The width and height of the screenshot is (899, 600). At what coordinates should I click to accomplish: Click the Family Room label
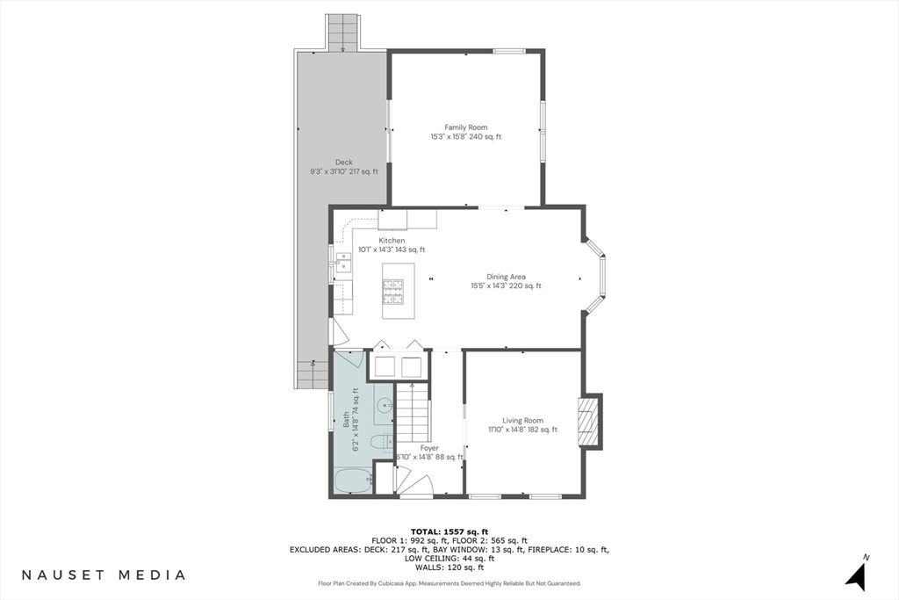[465, 132]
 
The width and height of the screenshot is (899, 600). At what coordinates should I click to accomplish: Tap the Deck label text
[343, 166]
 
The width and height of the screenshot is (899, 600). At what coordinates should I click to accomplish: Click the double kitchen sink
[342, 263]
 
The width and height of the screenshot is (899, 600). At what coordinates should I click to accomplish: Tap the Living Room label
[522, 425]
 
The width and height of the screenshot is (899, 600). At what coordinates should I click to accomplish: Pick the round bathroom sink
[384, 405]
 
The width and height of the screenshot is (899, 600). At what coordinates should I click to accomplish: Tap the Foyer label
[428, 452]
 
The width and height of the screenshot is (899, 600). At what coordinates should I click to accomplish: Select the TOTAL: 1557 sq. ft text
[449, 532]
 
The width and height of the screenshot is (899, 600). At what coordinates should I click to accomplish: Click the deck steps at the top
[342, 33]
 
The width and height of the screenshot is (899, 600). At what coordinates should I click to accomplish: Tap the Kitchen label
[392, 244]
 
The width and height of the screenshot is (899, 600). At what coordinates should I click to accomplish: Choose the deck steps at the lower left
[312, 375]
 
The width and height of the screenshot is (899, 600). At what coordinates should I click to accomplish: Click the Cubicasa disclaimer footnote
[449, 583]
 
